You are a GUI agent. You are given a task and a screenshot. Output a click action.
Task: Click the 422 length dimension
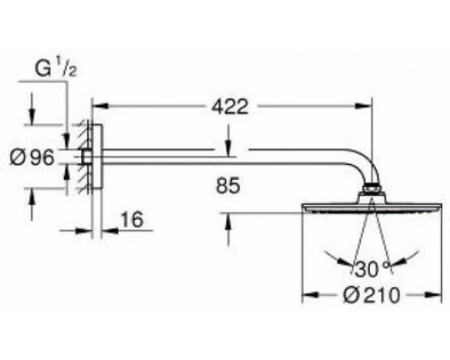coord(230,107)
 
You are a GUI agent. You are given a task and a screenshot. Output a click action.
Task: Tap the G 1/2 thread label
coord(56,68)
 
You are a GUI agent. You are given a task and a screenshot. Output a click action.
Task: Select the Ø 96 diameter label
coord(32,157)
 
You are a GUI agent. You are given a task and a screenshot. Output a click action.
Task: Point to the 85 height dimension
coord(228,185)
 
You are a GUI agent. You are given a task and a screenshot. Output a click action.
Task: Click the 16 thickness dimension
coord(132,220)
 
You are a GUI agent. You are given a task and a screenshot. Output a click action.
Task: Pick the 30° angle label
coord(372,269)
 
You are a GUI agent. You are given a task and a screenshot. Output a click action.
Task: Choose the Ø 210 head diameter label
coord(372,295)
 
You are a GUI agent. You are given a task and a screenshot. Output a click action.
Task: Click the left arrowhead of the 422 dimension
coord(100,106)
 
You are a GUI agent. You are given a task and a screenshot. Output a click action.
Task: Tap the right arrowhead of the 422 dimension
coord(364,106)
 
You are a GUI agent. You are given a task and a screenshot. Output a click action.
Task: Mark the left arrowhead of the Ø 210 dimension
coord(310,295)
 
